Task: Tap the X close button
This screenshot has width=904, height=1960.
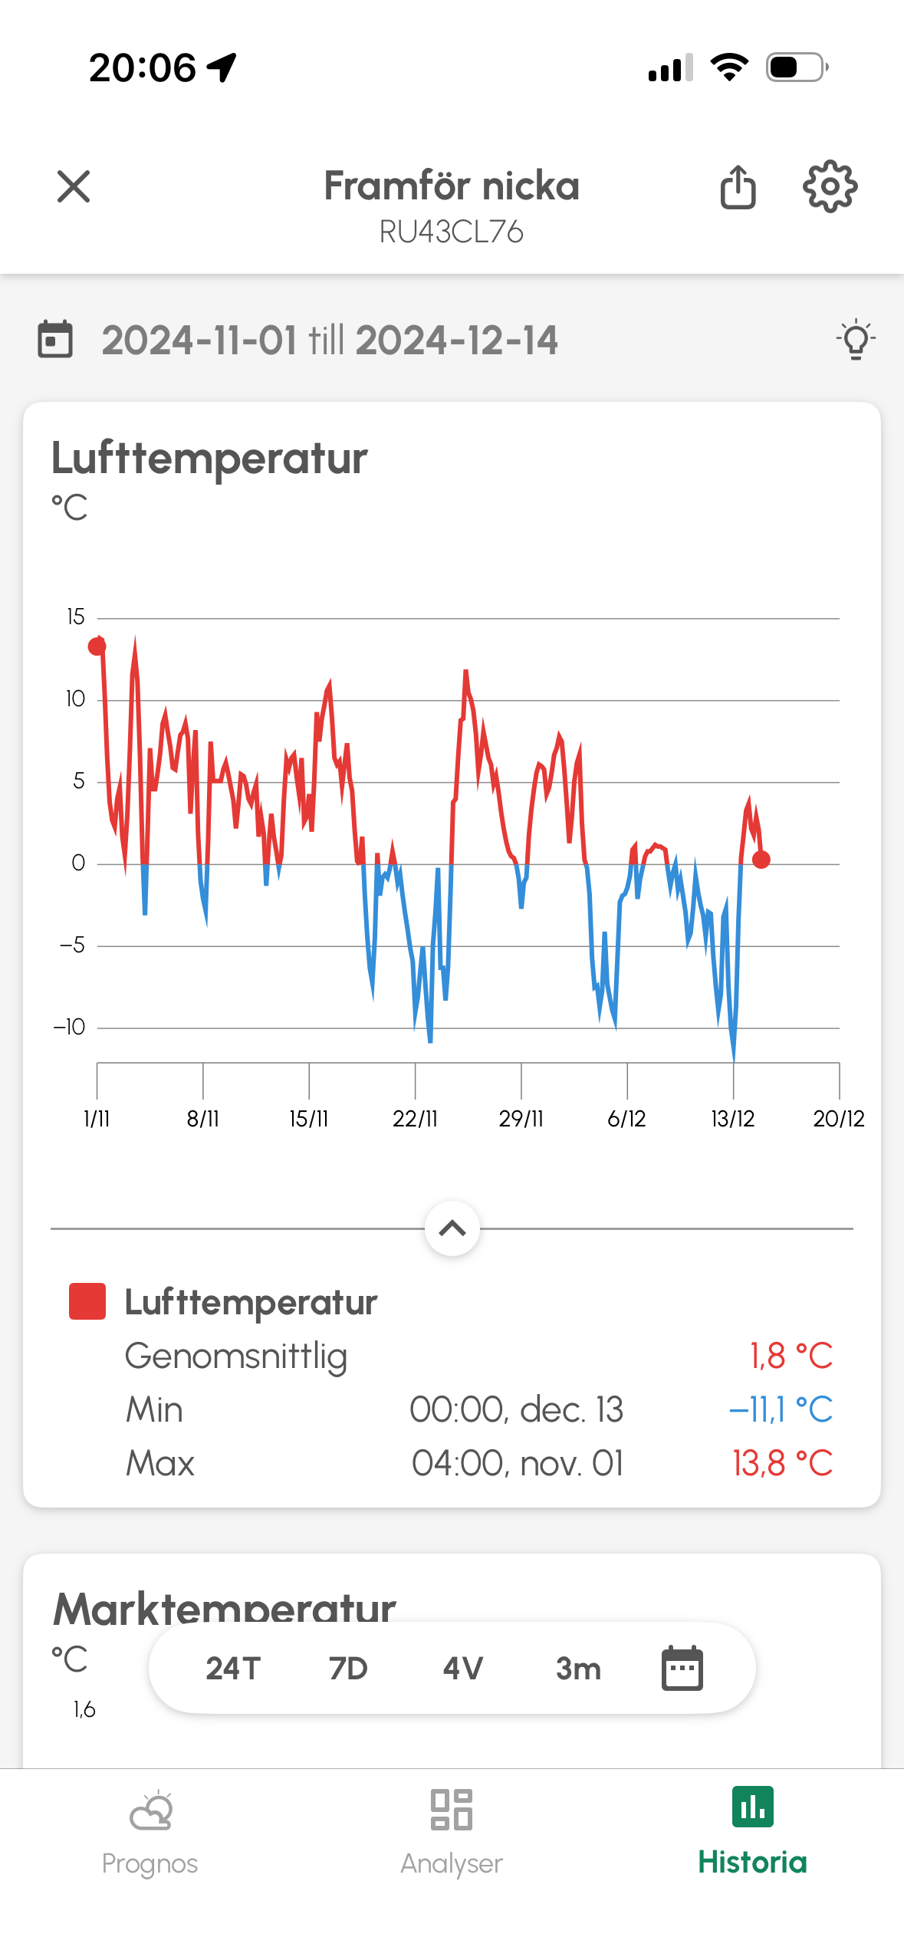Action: pos(74,186)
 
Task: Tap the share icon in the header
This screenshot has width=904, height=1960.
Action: pos(738,187)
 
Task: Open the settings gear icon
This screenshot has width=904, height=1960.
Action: pos(830,186)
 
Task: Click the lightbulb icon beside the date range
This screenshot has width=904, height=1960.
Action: pos(856,340)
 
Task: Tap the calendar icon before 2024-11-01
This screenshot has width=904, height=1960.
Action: pos(55,340)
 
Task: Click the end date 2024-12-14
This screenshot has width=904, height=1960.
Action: pos(457,340)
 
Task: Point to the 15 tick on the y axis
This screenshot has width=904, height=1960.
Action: pos(76,617)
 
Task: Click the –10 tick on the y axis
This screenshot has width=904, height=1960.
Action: pos(70,1028)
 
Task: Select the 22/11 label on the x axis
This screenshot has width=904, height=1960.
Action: pos(415,1119)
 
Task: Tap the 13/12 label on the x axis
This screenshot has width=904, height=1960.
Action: pos(732,1119)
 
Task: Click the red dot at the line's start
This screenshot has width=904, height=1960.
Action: pos(97,646)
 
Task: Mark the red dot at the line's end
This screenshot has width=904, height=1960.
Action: pos(761,860)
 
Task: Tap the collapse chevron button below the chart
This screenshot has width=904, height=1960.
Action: pos(452,1228)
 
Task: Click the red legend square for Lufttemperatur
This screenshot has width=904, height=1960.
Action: pos(87,1301)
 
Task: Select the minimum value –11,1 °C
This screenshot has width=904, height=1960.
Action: pos(781,1409)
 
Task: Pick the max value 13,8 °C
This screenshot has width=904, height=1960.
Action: pos(782,1463)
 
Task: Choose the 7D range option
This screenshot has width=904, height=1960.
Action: pos(348,1669)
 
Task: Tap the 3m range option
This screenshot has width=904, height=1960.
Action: pos(578,1669)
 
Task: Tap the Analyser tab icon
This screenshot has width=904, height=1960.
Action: pos(452,1810)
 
